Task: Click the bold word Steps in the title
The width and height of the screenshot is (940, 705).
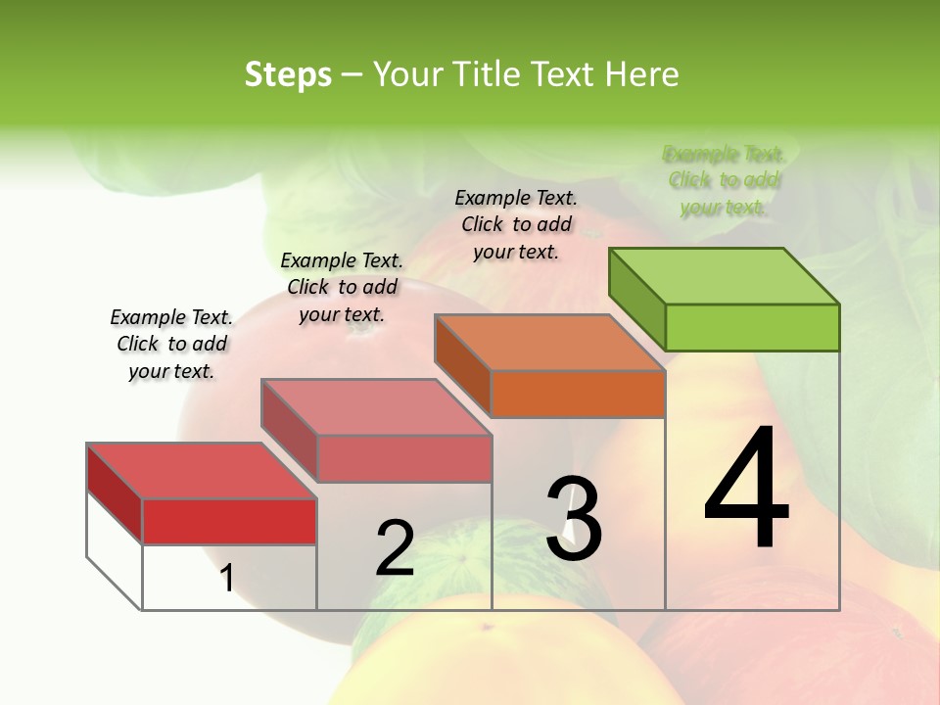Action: [288, 74]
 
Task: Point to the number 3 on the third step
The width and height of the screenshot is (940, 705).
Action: [574, 519]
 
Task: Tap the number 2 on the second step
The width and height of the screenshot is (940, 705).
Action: [395, 548]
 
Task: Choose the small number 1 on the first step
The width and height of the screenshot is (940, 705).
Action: [227, 579]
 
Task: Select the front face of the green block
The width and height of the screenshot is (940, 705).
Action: [752, 327]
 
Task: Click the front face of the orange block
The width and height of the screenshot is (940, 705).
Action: [578, 394]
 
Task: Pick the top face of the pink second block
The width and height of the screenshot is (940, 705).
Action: [376, 407]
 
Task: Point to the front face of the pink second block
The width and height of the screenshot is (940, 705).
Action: [404, 458]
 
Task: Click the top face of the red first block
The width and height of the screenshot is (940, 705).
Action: [202, 471]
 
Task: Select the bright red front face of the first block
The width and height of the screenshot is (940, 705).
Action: [229, 521]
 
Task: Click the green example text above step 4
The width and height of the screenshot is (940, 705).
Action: [725, 180]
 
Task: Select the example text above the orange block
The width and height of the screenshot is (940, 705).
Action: [516, 224]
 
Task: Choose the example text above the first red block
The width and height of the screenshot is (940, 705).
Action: [171, 344]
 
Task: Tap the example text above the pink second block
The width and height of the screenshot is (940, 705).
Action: [342, 287]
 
